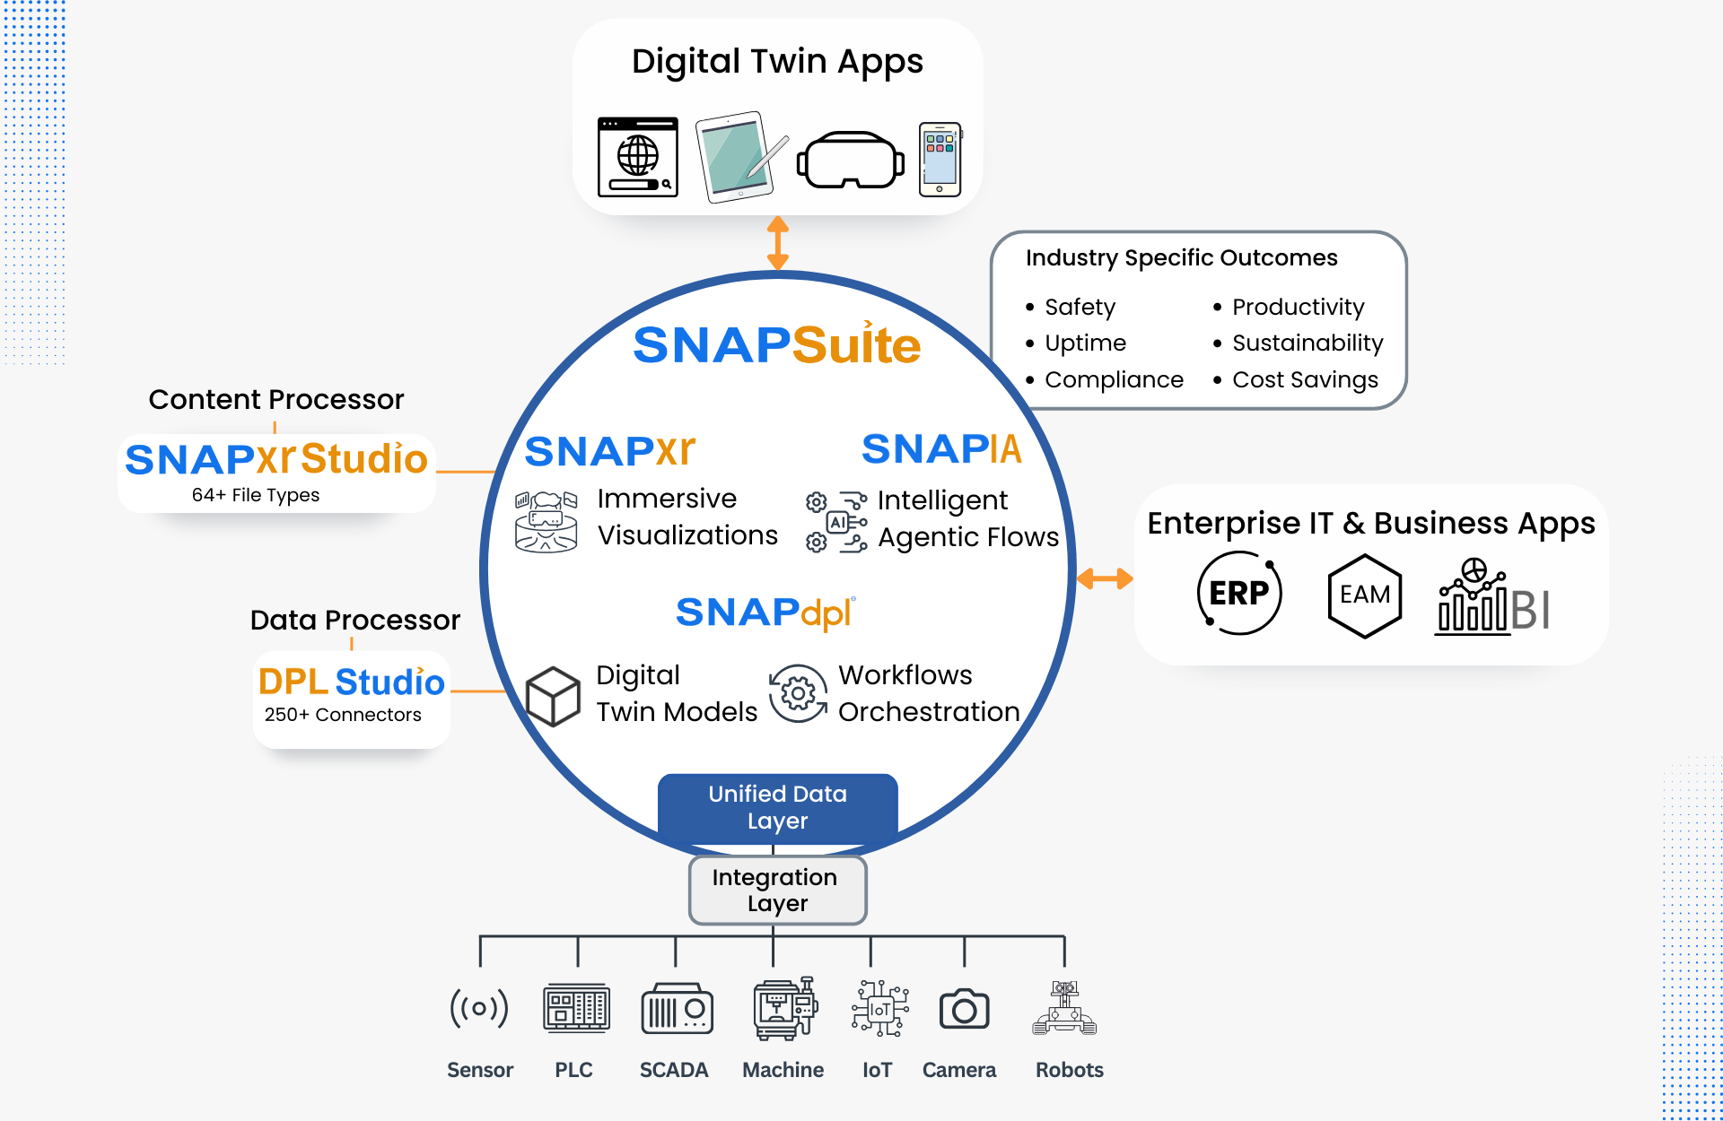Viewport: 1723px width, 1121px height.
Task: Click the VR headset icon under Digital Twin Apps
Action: point(850,161)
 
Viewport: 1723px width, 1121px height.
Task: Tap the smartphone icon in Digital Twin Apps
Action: point(940,160)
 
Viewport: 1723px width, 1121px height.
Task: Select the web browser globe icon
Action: point(638,157)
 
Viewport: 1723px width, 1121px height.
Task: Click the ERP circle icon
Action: point(1239,593)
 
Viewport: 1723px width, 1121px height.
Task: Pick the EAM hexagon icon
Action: point(1364,595)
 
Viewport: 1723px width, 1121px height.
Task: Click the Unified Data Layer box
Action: point(777,807)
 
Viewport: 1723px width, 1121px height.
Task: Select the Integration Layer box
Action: point(777,890)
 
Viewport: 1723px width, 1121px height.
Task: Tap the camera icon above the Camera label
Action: point(964,1010)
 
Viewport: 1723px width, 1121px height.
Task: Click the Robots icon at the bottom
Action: point(1064,1009)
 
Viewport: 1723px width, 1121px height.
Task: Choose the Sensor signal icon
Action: point(479,1008)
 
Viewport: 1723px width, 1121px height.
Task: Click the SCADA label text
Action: point(674,1070)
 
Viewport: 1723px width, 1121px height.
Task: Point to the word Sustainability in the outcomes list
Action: point(1308,343)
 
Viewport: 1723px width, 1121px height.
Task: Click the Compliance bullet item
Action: point(1114,380)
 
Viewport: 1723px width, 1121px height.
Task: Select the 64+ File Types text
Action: point(256,495)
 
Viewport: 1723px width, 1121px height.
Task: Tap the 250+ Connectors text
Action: point(343,715)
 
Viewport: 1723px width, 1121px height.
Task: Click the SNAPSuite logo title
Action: point(777,344)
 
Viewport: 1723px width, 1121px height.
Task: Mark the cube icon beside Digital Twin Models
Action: point(553,696)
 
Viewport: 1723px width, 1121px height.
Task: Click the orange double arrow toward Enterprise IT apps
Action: point(1105,578)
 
